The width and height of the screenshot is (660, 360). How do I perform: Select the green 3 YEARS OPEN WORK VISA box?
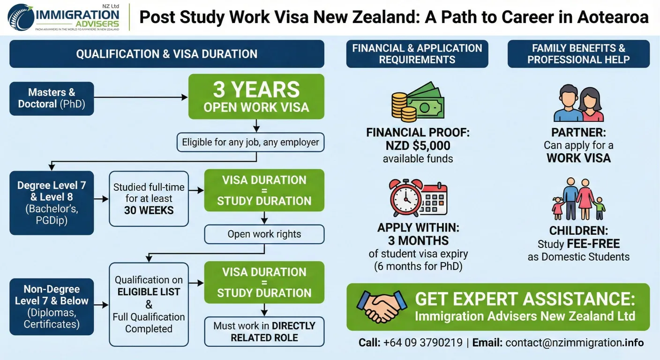click(x=256, y=96)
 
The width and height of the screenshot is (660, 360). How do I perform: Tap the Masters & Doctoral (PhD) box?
click(x=52, y=98)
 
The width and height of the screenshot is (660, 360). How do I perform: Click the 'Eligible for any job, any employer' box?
click(x=250, y=142)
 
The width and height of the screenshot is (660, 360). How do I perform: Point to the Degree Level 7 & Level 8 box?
click(x=52, y=202)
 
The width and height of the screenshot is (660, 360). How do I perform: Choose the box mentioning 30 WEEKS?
click(x=149, y=199)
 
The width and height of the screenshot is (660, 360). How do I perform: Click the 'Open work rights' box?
click(x=264, y=234)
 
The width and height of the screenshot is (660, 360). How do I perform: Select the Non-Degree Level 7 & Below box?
click(x=52, y=307)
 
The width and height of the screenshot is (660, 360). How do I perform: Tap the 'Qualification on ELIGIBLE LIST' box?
click(x=149, y=304)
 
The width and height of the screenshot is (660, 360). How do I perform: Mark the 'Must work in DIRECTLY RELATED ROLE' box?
click(x=264, y=331)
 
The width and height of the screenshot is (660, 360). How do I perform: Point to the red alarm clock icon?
click(x=406, y=199)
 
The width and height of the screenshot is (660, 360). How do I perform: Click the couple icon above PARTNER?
click(x=578, y=104)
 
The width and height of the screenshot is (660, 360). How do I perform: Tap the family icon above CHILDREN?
click(x=578, y=199)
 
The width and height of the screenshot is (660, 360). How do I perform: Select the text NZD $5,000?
click(x=418, y=145)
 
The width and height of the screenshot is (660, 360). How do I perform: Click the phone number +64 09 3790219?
click(x=422, y=343)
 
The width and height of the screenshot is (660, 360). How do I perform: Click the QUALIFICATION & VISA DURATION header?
click(x=166, y=54)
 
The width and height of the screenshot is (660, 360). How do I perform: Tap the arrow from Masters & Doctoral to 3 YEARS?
click(x=141, y=97)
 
